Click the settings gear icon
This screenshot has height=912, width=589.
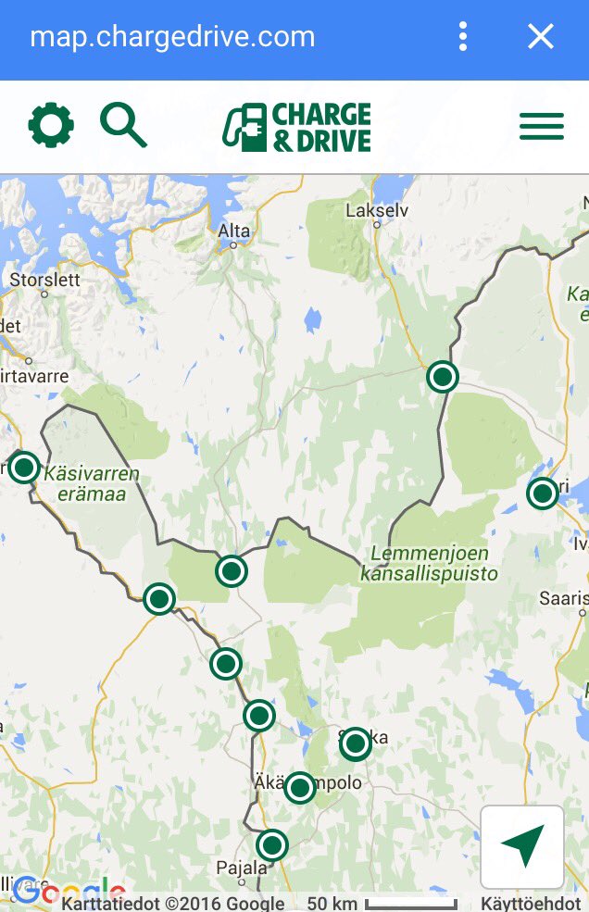(51, 125)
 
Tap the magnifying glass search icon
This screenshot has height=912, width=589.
(123, 125)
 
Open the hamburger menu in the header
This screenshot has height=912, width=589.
(542, 126)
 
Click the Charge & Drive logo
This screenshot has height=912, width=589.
(297, 127)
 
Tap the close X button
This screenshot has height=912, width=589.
(540, 37)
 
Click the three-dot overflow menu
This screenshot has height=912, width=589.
(462, 37)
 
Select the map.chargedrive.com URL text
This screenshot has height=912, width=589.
(172, 37)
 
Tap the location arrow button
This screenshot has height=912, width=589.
(522, 846)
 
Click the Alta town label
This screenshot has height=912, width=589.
(233, 231)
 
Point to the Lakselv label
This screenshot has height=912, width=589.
(377, 210)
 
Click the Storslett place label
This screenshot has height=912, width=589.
(45, 279)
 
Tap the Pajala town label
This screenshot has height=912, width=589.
(241, 868)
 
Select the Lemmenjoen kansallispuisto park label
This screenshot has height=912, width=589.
(429, 564)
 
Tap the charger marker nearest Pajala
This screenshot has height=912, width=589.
(271, 844)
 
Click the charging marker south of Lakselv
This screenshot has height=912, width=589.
(443, 377)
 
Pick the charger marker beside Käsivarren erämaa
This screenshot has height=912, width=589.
(23, 468)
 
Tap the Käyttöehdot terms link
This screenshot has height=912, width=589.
(531, 904)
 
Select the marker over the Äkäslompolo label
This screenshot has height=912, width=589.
(299, 787)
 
